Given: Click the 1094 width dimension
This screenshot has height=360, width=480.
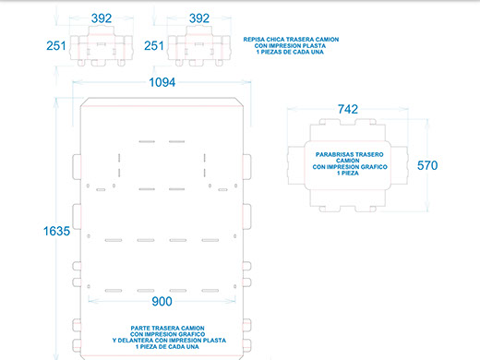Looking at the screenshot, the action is pyautogui.click(x=162, y=82).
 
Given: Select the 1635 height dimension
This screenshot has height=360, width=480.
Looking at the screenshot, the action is pyautogui.click(x=56, y=231).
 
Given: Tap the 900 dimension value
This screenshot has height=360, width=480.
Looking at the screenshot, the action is pyautogui.click(x=162, y=302).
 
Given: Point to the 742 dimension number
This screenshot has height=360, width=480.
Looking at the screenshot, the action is pyautogui.click(x=348, y=109).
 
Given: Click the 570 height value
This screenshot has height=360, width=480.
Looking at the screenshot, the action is pyautogui.click(x=427, y=165).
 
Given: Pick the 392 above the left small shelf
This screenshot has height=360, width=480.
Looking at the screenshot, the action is pyautogui.click(x=102, y=18).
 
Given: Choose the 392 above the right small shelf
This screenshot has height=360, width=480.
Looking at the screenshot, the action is pyautogui.click(x=199, y=18).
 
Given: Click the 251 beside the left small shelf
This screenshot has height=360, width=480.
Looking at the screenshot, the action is pyautogui.click(x=56, y=46).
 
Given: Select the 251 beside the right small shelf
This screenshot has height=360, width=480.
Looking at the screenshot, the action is pyautogui.click(x=154, y=46).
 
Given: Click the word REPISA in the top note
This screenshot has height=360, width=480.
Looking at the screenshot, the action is pyautogui.click(x=254, y=40).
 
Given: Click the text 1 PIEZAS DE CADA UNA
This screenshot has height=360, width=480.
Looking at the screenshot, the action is pyautogui.click(x=290, y=52).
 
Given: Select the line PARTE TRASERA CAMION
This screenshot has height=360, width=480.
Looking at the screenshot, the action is pyautogui.click(x=167, y=329).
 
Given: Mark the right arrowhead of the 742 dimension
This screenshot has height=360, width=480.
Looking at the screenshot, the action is pyautogui.click(x=404, y=109).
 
